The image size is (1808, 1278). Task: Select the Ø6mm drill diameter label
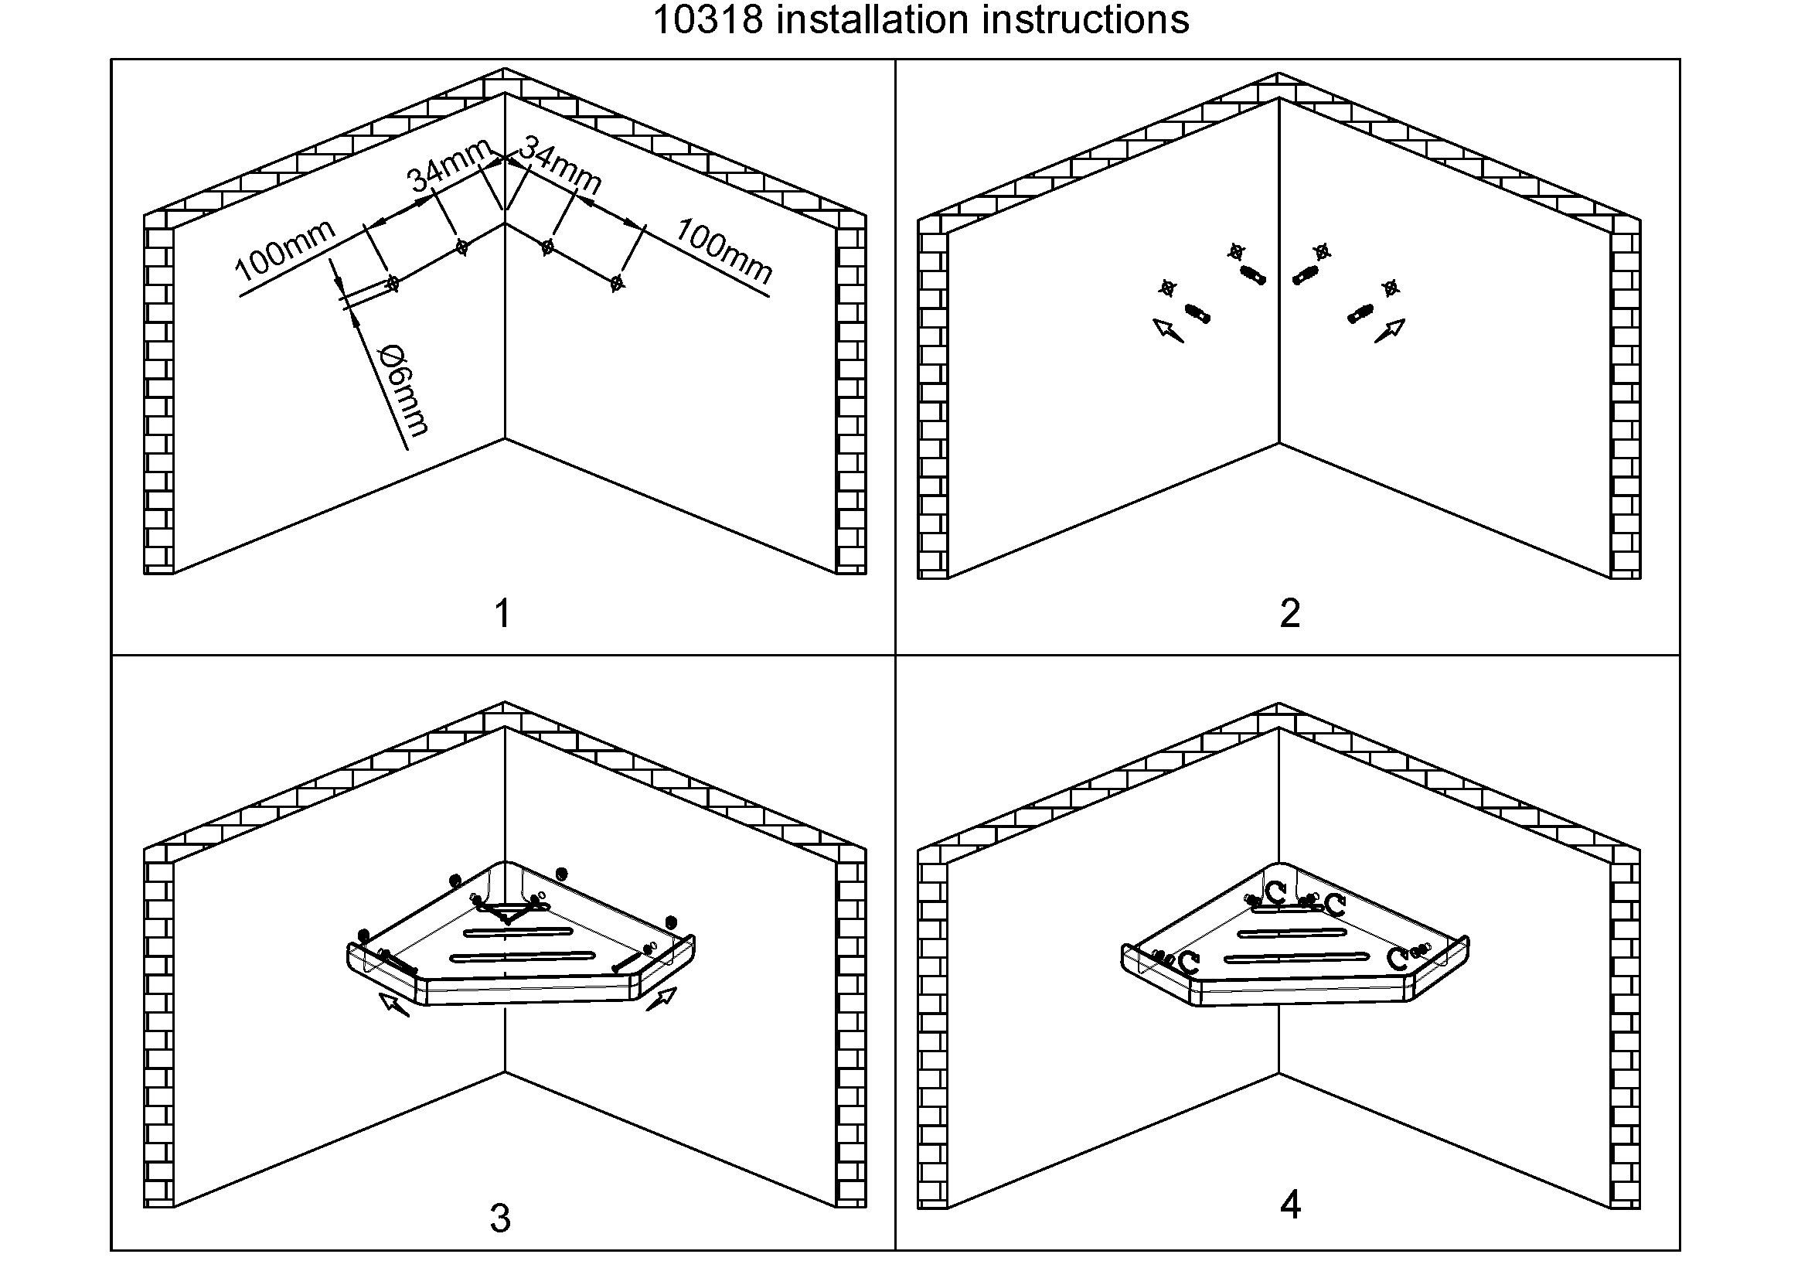coord(404,390)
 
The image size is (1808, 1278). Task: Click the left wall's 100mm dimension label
coord(284,250)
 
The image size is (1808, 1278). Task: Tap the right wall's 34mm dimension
coord(560,165)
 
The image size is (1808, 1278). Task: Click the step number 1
coord(502,613)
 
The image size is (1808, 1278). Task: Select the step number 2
coord(1289,613)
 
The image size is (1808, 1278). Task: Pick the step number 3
coord(500,1218)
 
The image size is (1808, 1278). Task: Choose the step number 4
coord(1290,1204)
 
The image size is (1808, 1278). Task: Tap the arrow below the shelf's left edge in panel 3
coord(393,1005)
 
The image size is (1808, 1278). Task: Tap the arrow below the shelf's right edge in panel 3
coord(662,999)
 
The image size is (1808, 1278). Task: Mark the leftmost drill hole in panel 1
coord(393,283)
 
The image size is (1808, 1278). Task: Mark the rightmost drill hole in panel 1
coord(617,282)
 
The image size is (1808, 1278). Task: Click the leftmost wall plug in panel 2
coord(1197,313)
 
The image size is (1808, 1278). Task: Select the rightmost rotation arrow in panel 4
coord(1396,959)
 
